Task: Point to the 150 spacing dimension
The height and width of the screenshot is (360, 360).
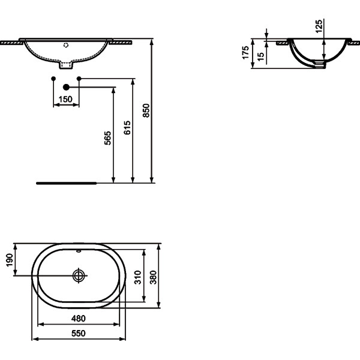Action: pos(66,99)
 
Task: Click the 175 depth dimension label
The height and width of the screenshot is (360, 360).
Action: pos(245,53)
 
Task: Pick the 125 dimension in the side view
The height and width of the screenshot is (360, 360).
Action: pos(319,25)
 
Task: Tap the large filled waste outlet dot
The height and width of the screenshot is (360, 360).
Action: pos(67,88)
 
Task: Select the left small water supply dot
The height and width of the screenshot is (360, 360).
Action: pos(53,79)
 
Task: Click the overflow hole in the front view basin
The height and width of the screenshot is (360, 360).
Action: pos(67,44)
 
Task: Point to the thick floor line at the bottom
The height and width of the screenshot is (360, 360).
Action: pos(66,182)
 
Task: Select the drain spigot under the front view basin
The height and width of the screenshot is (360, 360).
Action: pos(67,62)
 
